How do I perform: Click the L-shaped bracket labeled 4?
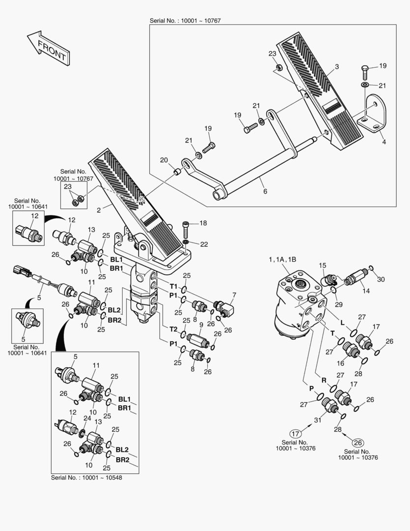tap(372, 113)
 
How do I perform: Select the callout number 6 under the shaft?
tap(265, 191)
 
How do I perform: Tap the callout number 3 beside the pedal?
tap(337, 66)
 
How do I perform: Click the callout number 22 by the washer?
tap(204, 245)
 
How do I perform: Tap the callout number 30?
tap(381, 279)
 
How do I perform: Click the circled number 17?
tap(295, 433)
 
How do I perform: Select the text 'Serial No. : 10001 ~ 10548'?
tap(86, 477)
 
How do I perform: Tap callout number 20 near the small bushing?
tap(164, 160)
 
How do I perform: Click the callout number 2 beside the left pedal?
tap(99, 209)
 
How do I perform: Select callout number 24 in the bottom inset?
tap(87, 418)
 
